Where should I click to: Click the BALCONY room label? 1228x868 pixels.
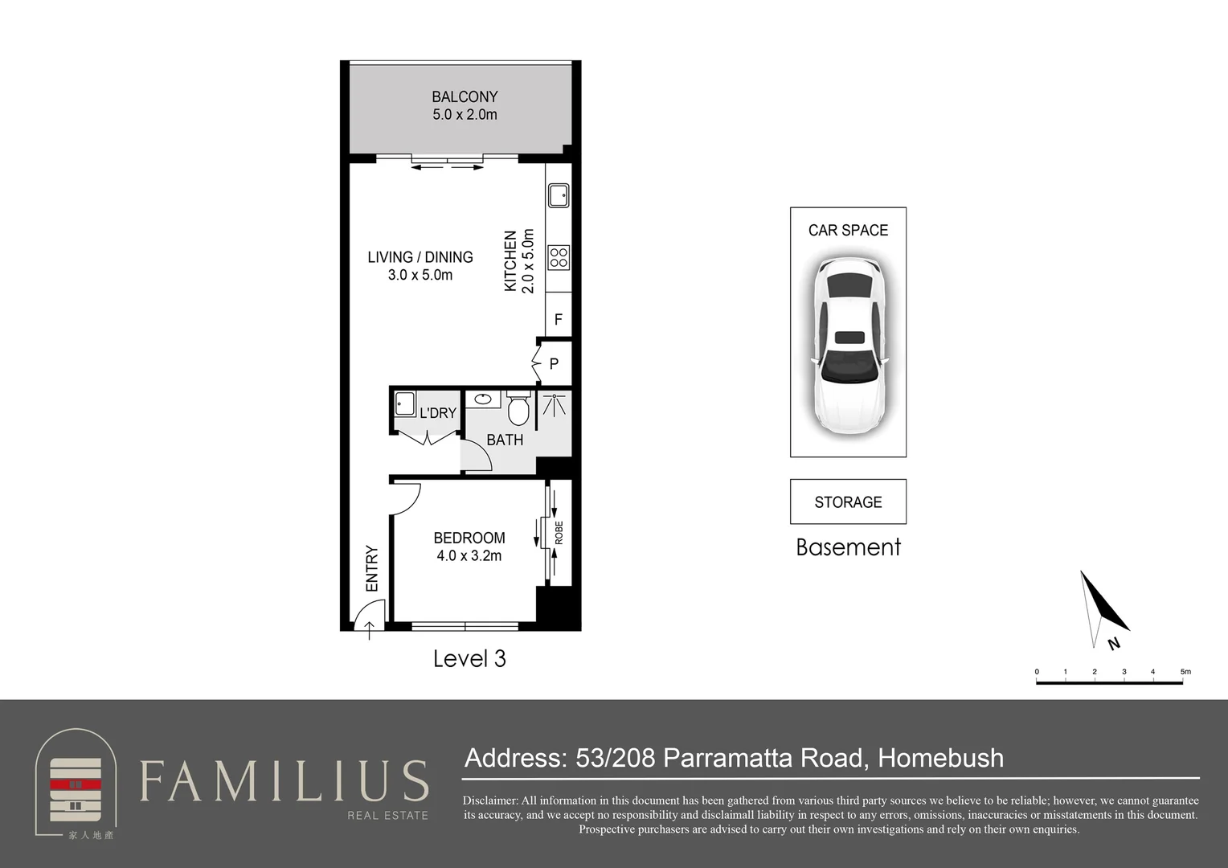pos(465,97)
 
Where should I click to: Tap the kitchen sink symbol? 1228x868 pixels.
pos(559,196)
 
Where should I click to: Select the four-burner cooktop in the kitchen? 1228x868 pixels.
pos(559,258)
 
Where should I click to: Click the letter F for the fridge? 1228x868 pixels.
pos(558,319)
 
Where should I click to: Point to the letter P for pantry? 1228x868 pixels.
pos(554,363)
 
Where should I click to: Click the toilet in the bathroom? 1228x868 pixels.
pos(518,408)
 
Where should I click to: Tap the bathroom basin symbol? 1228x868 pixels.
pos(483,399)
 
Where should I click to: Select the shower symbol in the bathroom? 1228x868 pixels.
pos(555,404)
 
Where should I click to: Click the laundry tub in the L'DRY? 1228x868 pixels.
pos(405,403)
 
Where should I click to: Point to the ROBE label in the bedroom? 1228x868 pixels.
pos(559,532)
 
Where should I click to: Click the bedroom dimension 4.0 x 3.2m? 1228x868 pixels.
pos(469,556)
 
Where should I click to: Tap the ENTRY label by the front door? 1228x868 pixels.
pos(371,568)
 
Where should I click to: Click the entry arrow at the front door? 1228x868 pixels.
pos(370,631)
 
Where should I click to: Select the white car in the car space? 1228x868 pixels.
pos(849,346)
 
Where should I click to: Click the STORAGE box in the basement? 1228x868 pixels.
pos(848,502)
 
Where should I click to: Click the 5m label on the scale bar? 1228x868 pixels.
pos(1185,672)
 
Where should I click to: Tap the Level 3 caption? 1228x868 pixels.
pos(469,658)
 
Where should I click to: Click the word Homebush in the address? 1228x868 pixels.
pos(941,758)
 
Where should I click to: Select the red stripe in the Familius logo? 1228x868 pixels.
pos(76,784)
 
